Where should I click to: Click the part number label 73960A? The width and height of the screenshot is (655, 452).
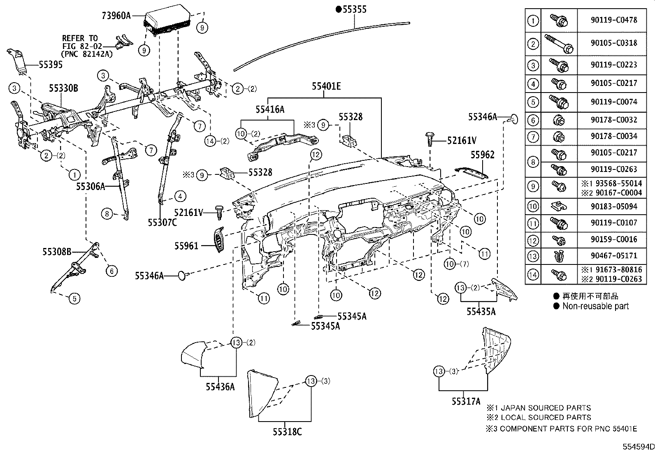(116, 16)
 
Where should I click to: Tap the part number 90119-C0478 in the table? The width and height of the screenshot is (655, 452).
(613, 20)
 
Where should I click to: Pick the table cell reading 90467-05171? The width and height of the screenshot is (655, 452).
(613, 255)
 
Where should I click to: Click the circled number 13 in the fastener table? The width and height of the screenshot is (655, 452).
(533, 256)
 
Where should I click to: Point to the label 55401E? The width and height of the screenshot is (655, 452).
(326, 86)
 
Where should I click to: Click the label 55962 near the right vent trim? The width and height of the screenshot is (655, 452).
(482, 155)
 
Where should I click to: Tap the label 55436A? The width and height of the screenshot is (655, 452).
(221, 387)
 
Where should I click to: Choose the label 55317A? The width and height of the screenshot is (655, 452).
(466, 401)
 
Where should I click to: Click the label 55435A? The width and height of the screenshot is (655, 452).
(481, 311)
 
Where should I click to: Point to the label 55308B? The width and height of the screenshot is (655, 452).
(57, 251)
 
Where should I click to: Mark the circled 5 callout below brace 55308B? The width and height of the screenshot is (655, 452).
(74, 298)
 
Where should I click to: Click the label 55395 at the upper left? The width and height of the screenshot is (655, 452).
(51, 65)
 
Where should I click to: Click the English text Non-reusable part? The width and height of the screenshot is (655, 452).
(595, 306)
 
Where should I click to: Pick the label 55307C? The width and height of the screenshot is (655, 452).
(163, 223)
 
